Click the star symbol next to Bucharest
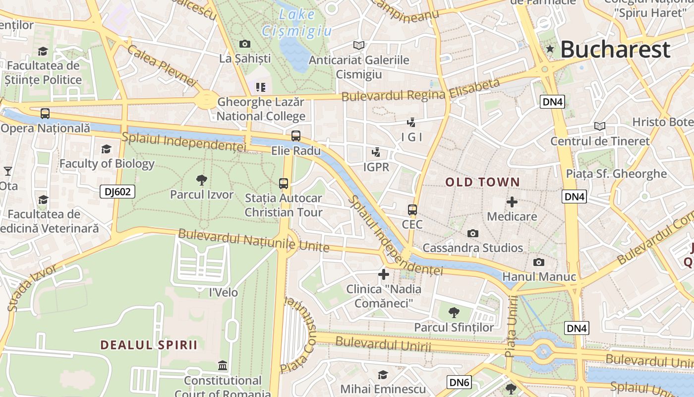click(x=550, y=49)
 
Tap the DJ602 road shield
click(x=117, y=192)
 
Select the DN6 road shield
click(x=459, y=382)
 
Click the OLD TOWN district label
click(x=482, y=182)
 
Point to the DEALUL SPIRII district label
click(x=149, y=345)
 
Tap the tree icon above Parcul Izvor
click(x=201, y=180)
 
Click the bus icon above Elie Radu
click(x=296, y=135)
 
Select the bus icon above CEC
click(x=412, y=210)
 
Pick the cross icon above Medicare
click(x=512, y=202)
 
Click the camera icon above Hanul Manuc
click(x=539, y=262)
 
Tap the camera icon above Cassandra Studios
click(x=473, y=233)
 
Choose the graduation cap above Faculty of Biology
click(x=106, y=149)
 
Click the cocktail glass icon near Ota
click(x=8, y=171)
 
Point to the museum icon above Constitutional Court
click(x=223, y=366)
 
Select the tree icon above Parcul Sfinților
click(x=454, y=312)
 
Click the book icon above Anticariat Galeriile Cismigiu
click(x=359, y=45)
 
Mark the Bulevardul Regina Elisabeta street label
click(x=421, y=90)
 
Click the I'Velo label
click(x=224, y=292)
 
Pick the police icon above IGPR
click(x=376, y=152)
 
